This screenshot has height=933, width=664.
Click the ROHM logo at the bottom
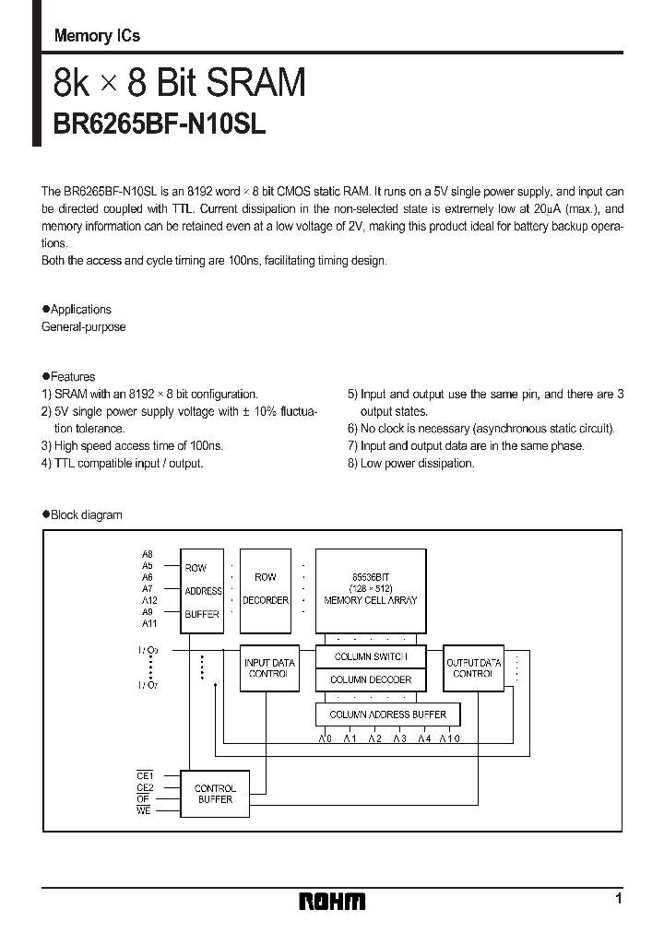coord(332,901)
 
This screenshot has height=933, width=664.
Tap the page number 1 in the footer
coord(619,898)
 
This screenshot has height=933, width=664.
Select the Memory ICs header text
coord(97,36)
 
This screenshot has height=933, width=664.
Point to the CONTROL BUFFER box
coord(215,794)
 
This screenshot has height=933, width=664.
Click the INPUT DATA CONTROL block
coord(269,667)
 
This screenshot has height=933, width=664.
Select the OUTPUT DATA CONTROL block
coord(474,667)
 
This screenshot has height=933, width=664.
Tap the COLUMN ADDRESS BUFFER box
coord(387,715)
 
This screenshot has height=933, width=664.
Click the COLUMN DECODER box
coord(371,679)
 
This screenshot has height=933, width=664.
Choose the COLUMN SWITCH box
coord(371,656)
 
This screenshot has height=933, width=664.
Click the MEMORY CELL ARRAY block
coord(371,590)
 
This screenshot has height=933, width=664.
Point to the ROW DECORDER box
coord(265,590)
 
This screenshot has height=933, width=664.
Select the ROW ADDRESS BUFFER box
coord(202,590)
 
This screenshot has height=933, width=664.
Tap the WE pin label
coord(144,809)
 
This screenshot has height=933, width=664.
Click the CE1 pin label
coord(144,776)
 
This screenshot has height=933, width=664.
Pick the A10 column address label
coord(449,738)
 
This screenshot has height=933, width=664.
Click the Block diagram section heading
coord(86,514)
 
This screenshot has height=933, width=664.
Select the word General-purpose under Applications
coord(84,327)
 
